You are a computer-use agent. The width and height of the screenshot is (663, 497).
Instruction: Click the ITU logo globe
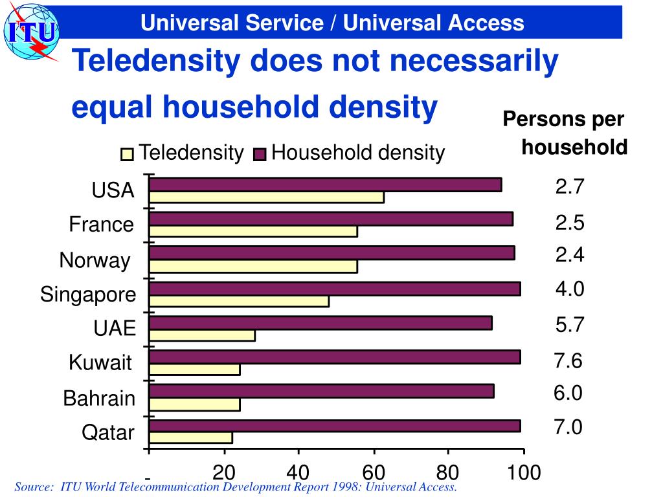pyautogui.click(x=29, y=31)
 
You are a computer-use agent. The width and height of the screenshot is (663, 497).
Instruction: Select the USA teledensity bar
pyautogui.click(x=266, y=197)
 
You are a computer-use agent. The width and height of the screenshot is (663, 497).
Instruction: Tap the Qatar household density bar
pyautogui.click(x=334, y=426)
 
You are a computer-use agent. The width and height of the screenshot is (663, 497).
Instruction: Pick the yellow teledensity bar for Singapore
pyautogui.click(x=239, y=302)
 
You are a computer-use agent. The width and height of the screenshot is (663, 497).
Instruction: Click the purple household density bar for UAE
pyautogui.click(x=320, y=322)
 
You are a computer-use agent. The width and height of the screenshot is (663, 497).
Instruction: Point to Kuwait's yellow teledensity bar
pyautogui.click(x=194, y=370)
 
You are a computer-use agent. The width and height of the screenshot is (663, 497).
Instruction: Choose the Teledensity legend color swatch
pyautogui.click(x=127, y=154)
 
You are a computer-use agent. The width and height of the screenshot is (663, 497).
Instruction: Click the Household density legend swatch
pyautogui.click(x=260, y=154)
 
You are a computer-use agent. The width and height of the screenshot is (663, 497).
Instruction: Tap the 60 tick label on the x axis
pyautogui.click(x=374, y=473)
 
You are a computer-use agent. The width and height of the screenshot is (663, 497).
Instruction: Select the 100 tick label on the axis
pyautogui.click(x=523, y=473)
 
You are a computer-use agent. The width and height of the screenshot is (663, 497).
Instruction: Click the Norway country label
pyautogui.click(x=95, y=260)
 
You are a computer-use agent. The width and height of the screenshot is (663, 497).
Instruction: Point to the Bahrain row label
pyautogui.click(x=99, y=398)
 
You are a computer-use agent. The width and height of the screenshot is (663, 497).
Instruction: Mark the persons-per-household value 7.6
pyautogui.click(x=568, y=360)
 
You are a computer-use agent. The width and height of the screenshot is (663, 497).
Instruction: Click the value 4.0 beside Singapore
pyautogui.click(x=570, y=289)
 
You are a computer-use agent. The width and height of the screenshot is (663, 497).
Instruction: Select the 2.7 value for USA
pyautogui.click(x=570, y=187)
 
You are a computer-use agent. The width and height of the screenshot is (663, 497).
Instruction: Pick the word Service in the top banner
pyautogui.click(x=286, y=23)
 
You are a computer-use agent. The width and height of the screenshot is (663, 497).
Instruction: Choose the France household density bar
pyautogui.click(x=330, y=219)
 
